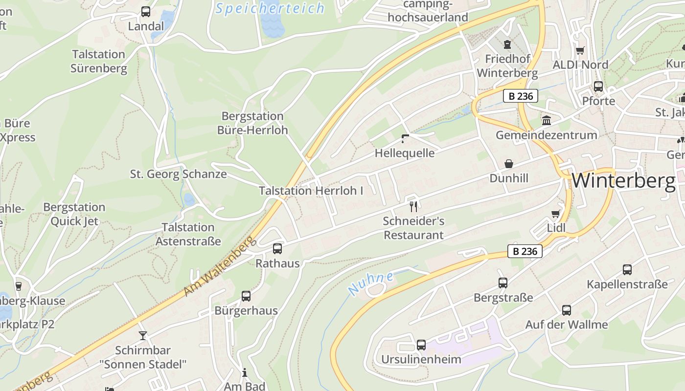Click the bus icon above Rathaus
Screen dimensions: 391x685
(x=277, y=249)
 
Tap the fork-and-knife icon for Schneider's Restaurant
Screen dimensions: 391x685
(x=414, y=206)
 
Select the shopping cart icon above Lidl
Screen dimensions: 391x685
(x=555, y=213)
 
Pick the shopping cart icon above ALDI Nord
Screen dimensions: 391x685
(x=580, y=50)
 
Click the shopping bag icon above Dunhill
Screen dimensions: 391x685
(x=509, y=164)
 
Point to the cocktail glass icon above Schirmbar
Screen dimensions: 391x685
(x=143, y=335)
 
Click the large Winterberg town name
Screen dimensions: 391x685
(x=623, y=181)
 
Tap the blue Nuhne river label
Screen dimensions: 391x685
(x=371, y=283)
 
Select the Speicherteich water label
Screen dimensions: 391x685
(x=270, y=8)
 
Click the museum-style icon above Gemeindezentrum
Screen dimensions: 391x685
(x=547, y=120)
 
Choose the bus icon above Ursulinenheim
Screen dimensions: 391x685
(x=421, y=345)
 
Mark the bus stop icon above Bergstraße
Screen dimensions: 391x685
(x=503, y=283)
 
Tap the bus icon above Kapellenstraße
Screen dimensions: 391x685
(x=627, y=270)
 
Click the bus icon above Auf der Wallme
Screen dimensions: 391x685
(x=567, y=310)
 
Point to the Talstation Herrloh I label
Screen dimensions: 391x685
(x=311, y=191)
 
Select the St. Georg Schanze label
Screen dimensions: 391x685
(x=178, y=174)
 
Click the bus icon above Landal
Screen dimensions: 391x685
(x=146, y=12)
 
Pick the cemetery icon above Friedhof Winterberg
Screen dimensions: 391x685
(x=507, y=45)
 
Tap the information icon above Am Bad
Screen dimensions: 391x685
(x=245, y=373)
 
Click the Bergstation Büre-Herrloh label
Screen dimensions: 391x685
(x=252, y=123)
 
